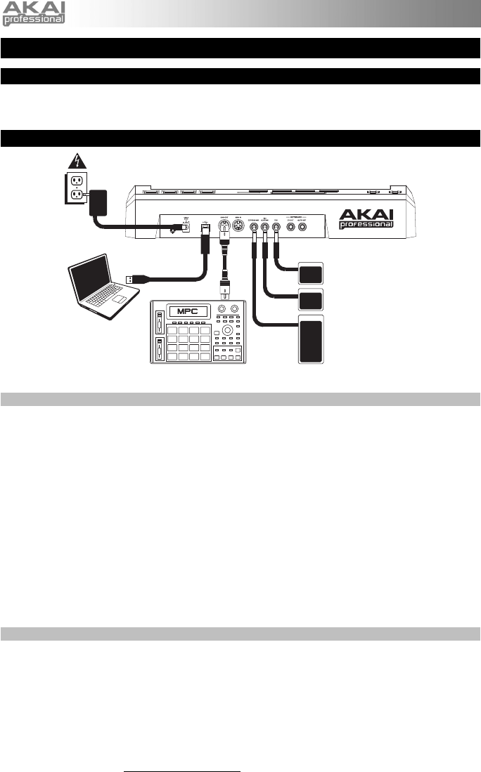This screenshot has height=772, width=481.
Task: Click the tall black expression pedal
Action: [311, 340]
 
